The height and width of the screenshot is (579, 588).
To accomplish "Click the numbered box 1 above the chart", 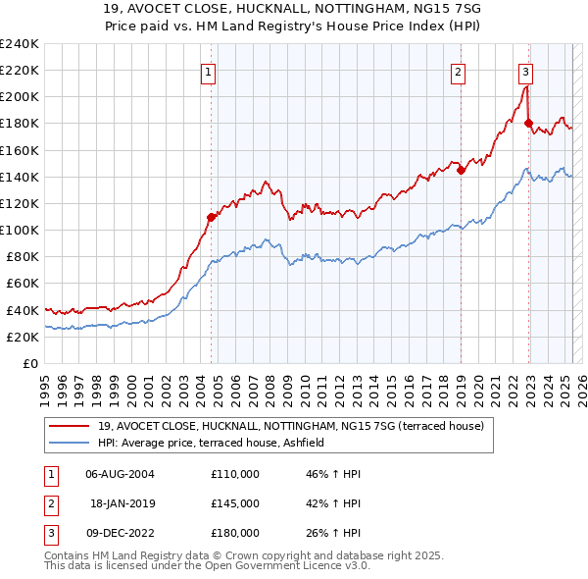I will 210,71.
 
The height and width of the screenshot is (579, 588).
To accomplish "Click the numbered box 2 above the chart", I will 459,71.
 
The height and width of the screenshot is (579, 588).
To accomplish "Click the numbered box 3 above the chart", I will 526,71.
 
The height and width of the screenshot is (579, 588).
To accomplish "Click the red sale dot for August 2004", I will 211,217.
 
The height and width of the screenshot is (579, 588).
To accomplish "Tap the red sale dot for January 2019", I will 461,170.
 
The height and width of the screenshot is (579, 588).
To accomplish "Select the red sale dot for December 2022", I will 528,124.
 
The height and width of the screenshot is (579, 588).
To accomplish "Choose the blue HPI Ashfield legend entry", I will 216,444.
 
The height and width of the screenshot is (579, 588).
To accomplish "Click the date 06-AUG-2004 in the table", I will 120,474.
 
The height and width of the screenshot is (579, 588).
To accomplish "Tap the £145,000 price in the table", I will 234,503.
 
